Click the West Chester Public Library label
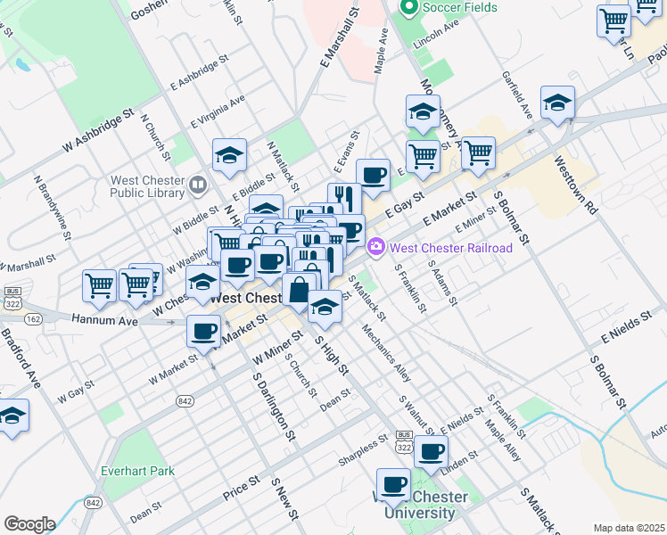pos(148,185)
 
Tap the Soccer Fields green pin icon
pos(410,9)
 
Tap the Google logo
pos(29,523)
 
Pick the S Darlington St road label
pos(273,407)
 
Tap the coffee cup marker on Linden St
pos(432,451)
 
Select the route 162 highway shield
pos(34,317)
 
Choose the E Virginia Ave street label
pos(218,111)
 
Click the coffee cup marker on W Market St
pos(203,332)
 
